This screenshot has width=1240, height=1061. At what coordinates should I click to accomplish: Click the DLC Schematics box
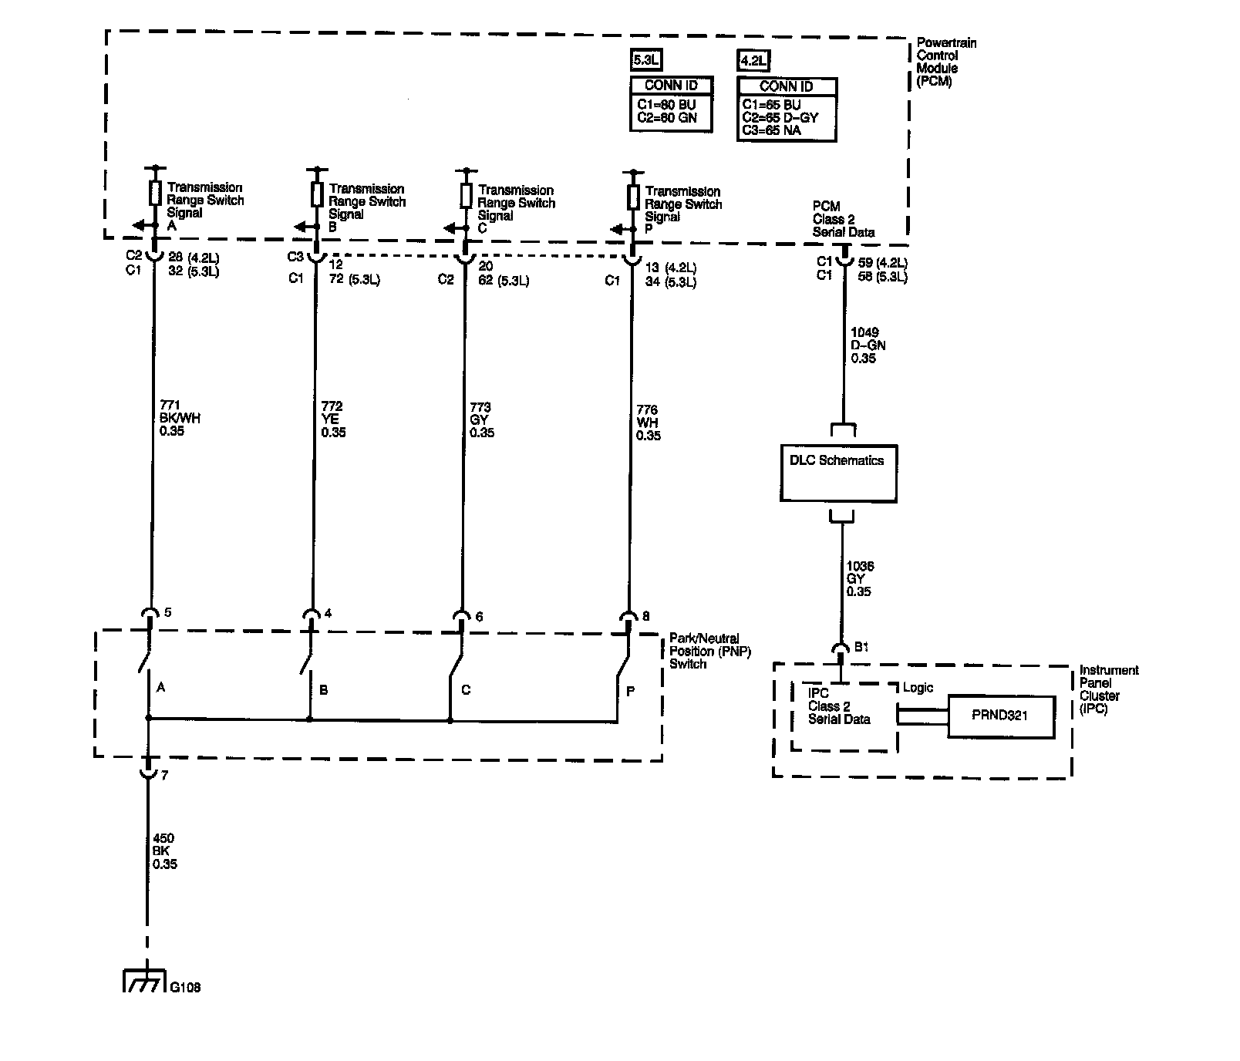pos(838,473)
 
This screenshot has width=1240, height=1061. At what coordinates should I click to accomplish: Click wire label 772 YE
pos(333,419)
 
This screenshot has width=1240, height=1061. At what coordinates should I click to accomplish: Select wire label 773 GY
pos(482,419)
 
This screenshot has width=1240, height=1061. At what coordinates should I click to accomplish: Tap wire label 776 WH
pos(648,423)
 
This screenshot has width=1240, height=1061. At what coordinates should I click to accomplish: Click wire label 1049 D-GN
pos(868,345)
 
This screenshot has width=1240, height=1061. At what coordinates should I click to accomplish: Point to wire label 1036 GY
pos(860,578)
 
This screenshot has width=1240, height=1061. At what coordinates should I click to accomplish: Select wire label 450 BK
pos(165,851)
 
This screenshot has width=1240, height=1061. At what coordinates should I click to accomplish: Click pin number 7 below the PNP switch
pos(164,774)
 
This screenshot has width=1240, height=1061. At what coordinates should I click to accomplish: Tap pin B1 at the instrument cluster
pos(861,647)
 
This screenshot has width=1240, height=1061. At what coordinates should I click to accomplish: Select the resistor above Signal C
pos(466,196)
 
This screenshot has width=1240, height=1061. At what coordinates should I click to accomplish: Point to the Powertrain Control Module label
pos(945,62)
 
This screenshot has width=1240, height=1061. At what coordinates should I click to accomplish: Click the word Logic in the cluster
pos(918,688)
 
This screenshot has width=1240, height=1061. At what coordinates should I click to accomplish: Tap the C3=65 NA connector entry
pos(771,130)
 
